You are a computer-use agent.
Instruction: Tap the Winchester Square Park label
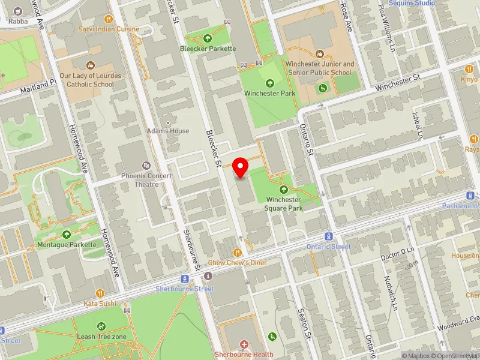[x=284, y=203]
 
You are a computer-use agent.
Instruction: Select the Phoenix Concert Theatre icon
[x=145, y=165]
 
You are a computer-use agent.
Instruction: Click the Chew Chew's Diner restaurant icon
[x=238, y=253]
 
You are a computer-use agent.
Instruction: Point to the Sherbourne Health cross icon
[x=244, y=344]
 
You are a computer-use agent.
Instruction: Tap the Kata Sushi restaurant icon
[x=100, y=293]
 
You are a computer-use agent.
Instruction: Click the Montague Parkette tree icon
[x=66, y=234]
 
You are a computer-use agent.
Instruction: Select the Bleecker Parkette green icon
[x=208, y=38]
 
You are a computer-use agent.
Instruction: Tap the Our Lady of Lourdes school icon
[x=91, y=65]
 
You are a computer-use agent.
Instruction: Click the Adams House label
[x=168, y=131]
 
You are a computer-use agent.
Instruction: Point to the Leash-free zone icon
[x=101, y=326]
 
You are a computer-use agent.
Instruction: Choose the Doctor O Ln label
[x=397, y=253]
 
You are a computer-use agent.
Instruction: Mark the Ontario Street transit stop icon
[x=329, y=236]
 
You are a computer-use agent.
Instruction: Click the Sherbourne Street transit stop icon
[x=185, y=279]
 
